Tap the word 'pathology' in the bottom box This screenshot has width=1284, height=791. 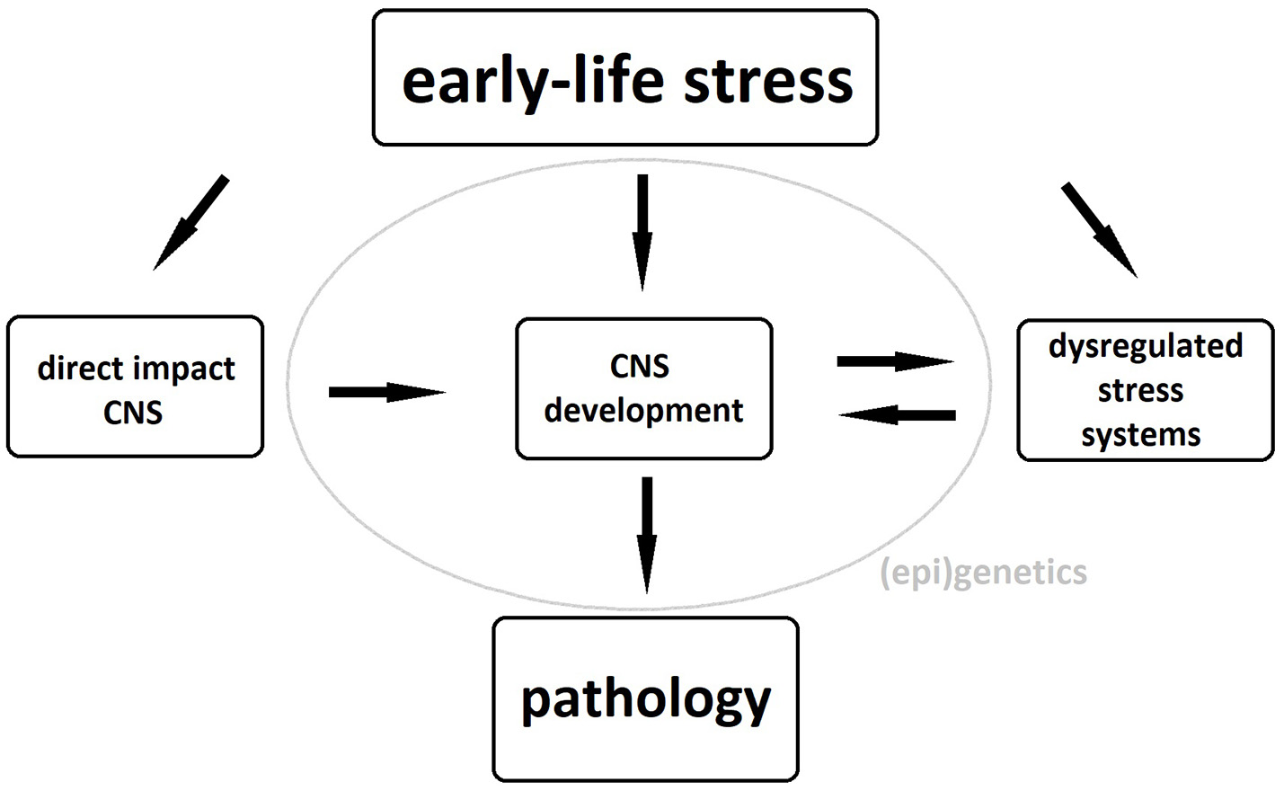coord(645,699)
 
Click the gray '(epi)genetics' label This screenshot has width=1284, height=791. coord(983,572)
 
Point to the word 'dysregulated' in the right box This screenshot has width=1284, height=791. coord(1145,346)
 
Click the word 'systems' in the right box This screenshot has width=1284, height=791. coord(1140,435)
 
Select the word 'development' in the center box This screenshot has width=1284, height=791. coord(643,410)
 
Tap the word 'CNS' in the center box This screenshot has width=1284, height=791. coord(639,366)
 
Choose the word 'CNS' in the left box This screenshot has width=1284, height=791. coord(133,413)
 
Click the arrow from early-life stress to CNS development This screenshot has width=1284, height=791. coord(642,231)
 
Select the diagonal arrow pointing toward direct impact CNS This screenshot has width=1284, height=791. coord(191,222)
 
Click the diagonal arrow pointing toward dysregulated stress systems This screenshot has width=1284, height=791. coord(1099,229)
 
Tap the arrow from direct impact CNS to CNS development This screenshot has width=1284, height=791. coord(386,392)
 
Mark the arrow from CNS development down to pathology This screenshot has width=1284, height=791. coord(646,534)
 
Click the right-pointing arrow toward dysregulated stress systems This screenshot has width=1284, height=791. coord(894,361)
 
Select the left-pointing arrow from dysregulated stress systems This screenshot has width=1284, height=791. coord(897,414)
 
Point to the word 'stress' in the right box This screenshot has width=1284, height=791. coord(1140,391)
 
